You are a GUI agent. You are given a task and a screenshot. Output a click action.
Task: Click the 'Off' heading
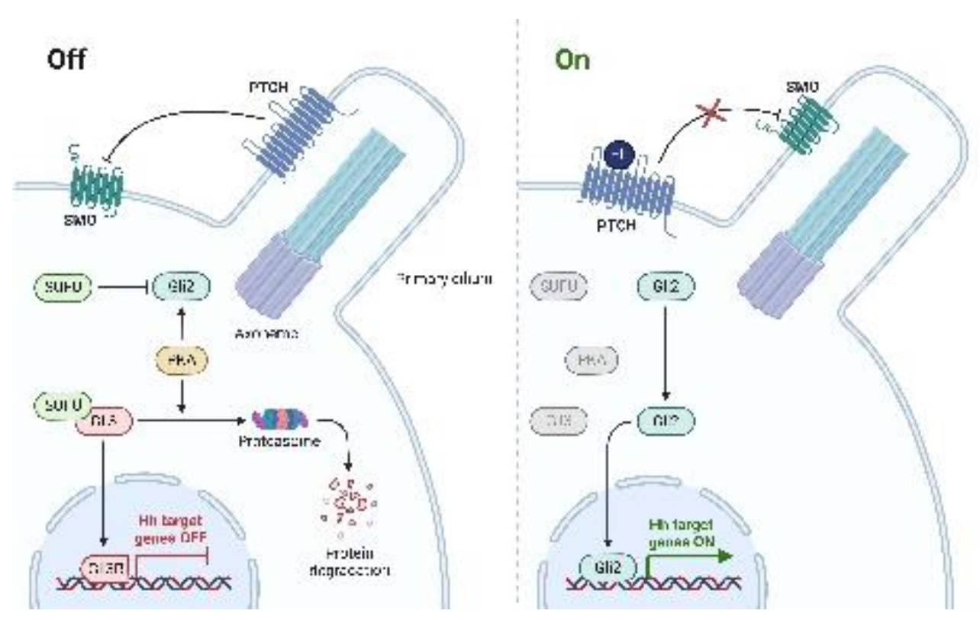click(66, 60)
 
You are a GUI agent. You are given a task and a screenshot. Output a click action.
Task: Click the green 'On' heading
click(572, 60)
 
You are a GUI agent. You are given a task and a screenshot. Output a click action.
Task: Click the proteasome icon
click(279, 419)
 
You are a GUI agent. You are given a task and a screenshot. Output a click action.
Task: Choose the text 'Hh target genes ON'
click(681, 531)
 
